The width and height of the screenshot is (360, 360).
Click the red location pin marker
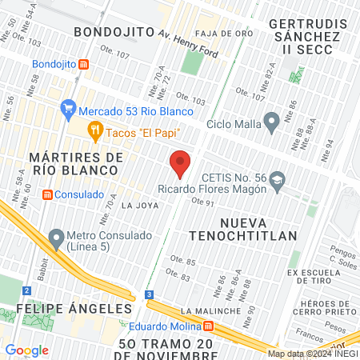(180, 164)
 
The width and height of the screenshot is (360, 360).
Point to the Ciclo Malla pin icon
(271, 123)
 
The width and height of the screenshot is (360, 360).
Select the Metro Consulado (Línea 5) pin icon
(56, 237)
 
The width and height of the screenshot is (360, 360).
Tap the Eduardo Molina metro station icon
(209, 326)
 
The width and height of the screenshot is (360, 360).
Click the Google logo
(26, 350)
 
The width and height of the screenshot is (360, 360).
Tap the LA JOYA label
(136, 206)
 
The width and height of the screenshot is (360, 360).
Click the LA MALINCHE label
(206, 310)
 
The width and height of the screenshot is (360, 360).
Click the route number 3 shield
(149, 294)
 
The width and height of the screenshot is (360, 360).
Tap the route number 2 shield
(27, 290)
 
